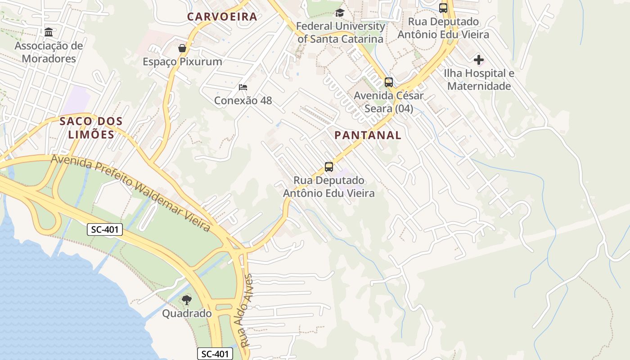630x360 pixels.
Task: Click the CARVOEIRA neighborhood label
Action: click(x=222, y=17)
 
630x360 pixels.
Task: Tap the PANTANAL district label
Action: click(x=368, y=135)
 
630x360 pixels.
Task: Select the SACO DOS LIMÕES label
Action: click(x=91, y=128)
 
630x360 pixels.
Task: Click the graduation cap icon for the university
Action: click(x=340, y=13)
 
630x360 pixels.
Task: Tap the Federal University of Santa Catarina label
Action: click(x=341, y=32)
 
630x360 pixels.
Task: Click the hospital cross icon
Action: click(x=479, y=60)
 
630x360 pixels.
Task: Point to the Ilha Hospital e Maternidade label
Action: click(x=479, y=80)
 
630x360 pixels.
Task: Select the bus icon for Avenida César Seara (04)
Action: click(x=389, y=82)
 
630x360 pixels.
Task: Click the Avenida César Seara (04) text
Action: click(x=389, y=102)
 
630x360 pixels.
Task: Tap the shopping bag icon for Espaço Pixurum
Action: click(x=182, y=48)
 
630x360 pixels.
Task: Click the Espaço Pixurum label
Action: click(x=182, y=62)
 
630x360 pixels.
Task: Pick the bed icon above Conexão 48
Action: click(x=243, y=87)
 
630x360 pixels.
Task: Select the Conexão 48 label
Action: click(x=243, y=100)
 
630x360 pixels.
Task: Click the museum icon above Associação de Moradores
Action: click(x=49, y=32)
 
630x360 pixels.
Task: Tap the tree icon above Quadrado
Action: click(x=187, y=300)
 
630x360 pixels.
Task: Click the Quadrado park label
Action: click(x=187, y=314)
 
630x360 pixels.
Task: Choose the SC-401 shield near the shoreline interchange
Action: click(x=104, y=229)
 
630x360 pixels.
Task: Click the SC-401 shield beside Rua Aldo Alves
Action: click(x=215, y=354)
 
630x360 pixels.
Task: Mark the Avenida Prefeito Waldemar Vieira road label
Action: click(x=130, y=193)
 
